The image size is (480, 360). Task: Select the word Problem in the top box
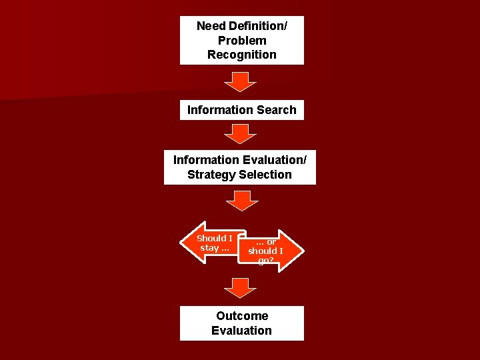tap(241, 41)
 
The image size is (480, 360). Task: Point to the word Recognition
tap(241, 55)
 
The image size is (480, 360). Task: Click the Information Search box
tap(241, 110)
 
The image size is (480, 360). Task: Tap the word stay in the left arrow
tap(209, 248)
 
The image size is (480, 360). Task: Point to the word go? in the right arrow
tap(265, 261)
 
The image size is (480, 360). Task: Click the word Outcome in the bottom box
tap(241, 316)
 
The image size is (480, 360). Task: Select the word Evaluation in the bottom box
tap(241, 331)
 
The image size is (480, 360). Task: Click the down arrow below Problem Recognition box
tap(240, 82)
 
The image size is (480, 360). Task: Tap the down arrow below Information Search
tap(240, 134)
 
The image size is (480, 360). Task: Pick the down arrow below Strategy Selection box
tap(240, 200)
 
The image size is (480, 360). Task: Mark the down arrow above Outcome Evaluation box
tap(240, 288)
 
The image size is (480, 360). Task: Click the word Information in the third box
tap(205, 160)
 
